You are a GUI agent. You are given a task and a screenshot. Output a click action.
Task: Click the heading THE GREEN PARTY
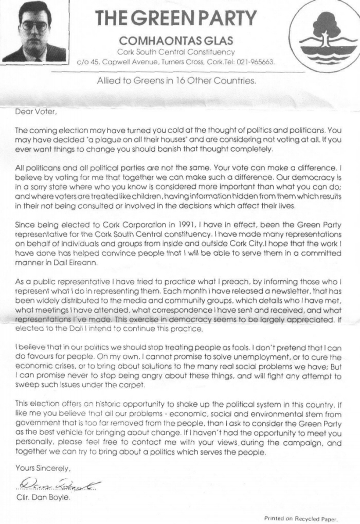pos(176,18)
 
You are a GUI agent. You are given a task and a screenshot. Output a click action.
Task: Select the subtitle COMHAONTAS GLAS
pos(175,41)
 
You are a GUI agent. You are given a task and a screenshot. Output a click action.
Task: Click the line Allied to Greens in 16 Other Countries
pos(176,80)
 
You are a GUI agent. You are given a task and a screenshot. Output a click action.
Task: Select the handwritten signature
pos(57,483)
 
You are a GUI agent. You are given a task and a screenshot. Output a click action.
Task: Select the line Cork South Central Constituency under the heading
pos(175,51)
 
